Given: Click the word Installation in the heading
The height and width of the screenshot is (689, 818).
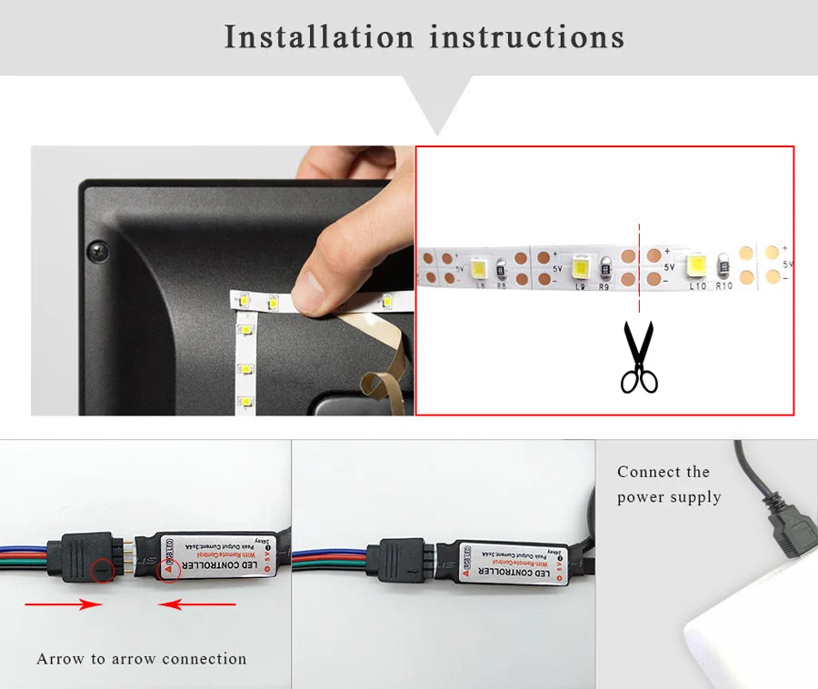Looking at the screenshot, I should click(x=318, y=37).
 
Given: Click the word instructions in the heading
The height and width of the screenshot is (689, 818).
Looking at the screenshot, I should click(x=527, y=37).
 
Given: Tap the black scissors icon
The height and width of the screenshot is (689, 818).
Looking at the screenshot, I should click(x=639, y=357).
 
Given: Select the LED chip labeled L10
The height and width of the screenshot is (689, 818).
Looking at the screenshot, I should click(x=697, y=266).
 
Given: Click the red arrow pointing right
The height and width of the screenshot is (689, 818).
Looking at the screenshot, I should click(x=64, y=604).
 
